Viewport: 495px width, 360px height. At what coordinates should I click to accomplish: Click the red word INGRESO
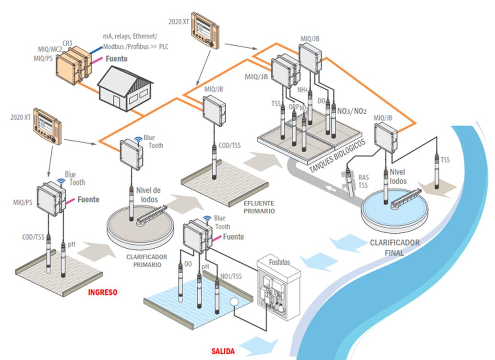[102, 292]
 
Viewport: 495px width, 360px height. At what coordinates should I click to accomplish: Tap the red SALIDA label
[223, 351]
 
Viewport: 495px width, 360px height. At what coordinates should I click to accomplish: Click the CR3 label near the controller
[68, 43]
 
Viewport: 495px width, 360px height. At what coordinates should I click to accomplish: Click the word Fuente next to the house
[117, 59]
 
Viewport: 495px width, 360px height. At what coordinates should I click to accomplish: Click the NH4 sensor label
[302, 89]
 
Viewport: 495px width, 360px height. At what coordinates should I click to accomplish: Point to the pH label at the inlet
[72, 244]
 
